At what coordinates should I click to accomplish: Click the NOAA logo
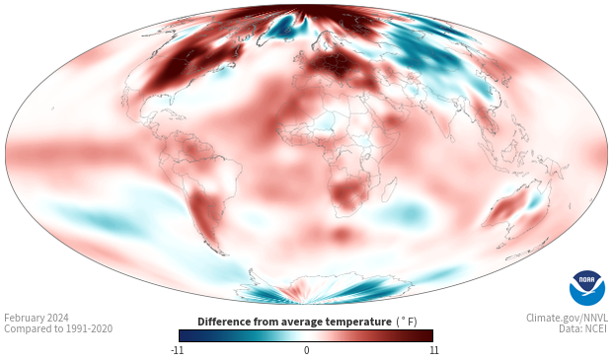pos(586,288)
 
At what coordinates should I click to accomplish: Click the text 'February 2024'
pos(37,318)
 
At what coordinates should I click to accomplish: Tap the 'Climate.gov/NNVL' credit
pos(566,318)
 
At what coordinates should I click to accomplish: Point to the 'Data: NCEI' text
pos(582,329)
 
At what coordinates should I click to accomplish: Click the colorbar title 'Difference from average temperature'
pos(293,322)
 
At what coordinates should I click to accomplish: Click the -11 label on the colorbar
pos(178,350)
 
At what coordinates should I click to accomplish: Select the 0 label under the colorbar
pos(306,350)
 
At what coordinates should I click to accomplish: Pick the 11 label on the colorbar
pos(432,350)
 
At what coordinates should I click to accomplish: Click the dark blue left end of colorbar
pos(184,335)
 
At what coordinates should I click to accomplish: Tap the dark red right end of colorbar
pos(427,335)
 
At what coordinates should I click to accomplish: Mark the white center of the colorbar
pos(306,335)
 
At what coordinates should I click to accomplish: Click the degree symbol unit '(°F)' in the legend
pos(406,322)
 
